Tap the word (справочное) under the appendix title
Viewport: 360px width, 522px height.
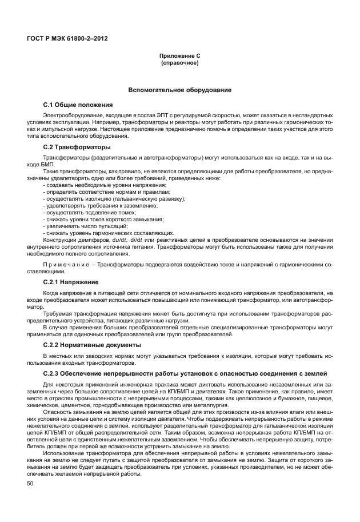(180, 63)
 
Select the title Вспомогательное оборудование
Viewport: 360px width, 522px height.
(180, 90)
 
